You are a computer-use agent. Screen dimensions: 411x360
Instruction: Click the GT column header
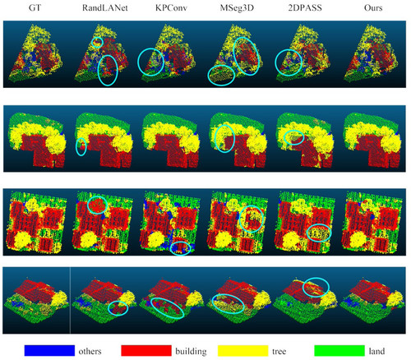coord(35,7)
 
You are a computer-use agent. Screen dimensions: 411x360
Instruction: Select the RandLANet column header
coord(105,7)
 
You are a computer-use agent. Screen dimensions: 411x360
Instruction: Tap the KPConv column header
coord(171,7)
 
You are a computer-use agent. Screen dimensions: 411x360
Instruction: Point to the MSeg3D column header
coord(237,8)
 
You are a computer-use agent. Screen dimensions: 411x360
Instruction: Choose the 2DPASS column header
coord(305,7)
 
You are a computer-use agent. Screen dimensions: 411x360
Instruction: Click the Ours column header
coord(373,7)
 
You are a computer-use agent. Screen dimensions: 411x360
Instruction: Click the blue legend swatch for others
coord(49,351)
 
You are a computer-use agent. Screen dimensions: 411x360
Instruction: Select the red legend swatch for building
coord(146,351)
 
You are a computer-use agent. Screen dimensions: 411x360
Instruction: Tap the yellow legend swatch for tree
coord(242,351)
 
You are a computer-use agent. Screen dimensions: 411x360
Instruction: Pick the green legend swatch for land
coord(339,351)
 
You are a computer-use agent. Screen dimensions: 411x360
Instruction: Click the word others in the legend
coord(90,351)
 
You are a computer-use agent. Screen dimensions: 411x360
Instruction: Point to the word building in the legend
coord(191,351)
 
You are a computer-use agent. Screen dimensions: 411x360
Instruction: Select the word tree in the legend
coord(279,351)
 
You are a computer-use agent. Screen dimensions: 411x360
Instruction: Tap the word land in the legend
coord(376,351)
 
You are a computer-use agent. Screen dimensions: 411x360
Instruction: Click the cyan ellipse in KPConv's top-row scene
coord(138,62)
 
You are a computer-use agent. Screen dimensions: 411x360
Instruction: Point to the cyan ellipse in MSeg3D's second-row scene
coord(215,139)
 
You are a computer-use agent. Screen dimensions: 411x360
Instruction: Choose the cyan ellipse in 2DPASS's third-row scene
coord(319,224)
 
